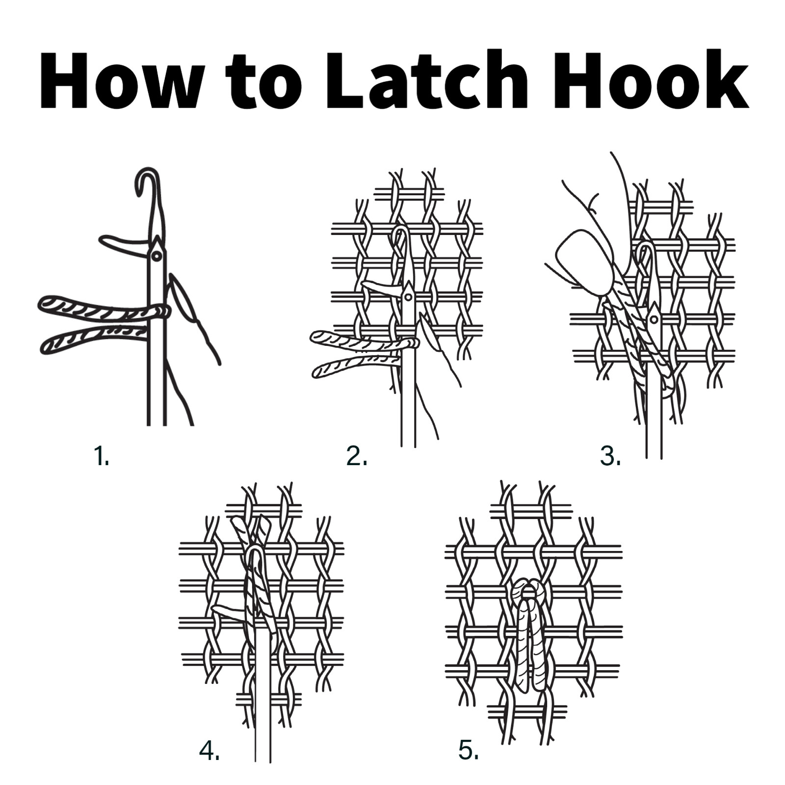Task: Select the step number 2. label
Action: click(357, 457)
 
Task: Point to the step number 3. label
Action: click(610, 457)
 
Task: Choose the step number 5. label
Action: click(469, 751)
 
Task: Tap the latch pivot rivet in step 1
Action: click(157, 256)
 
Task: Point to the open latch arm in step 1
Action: click(123, 244)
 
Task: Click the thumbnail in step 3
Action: click(584, 262)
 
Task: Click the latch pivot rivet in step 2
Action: click(408, 297)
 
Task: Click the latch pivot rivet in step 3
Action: click(654, 320)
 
